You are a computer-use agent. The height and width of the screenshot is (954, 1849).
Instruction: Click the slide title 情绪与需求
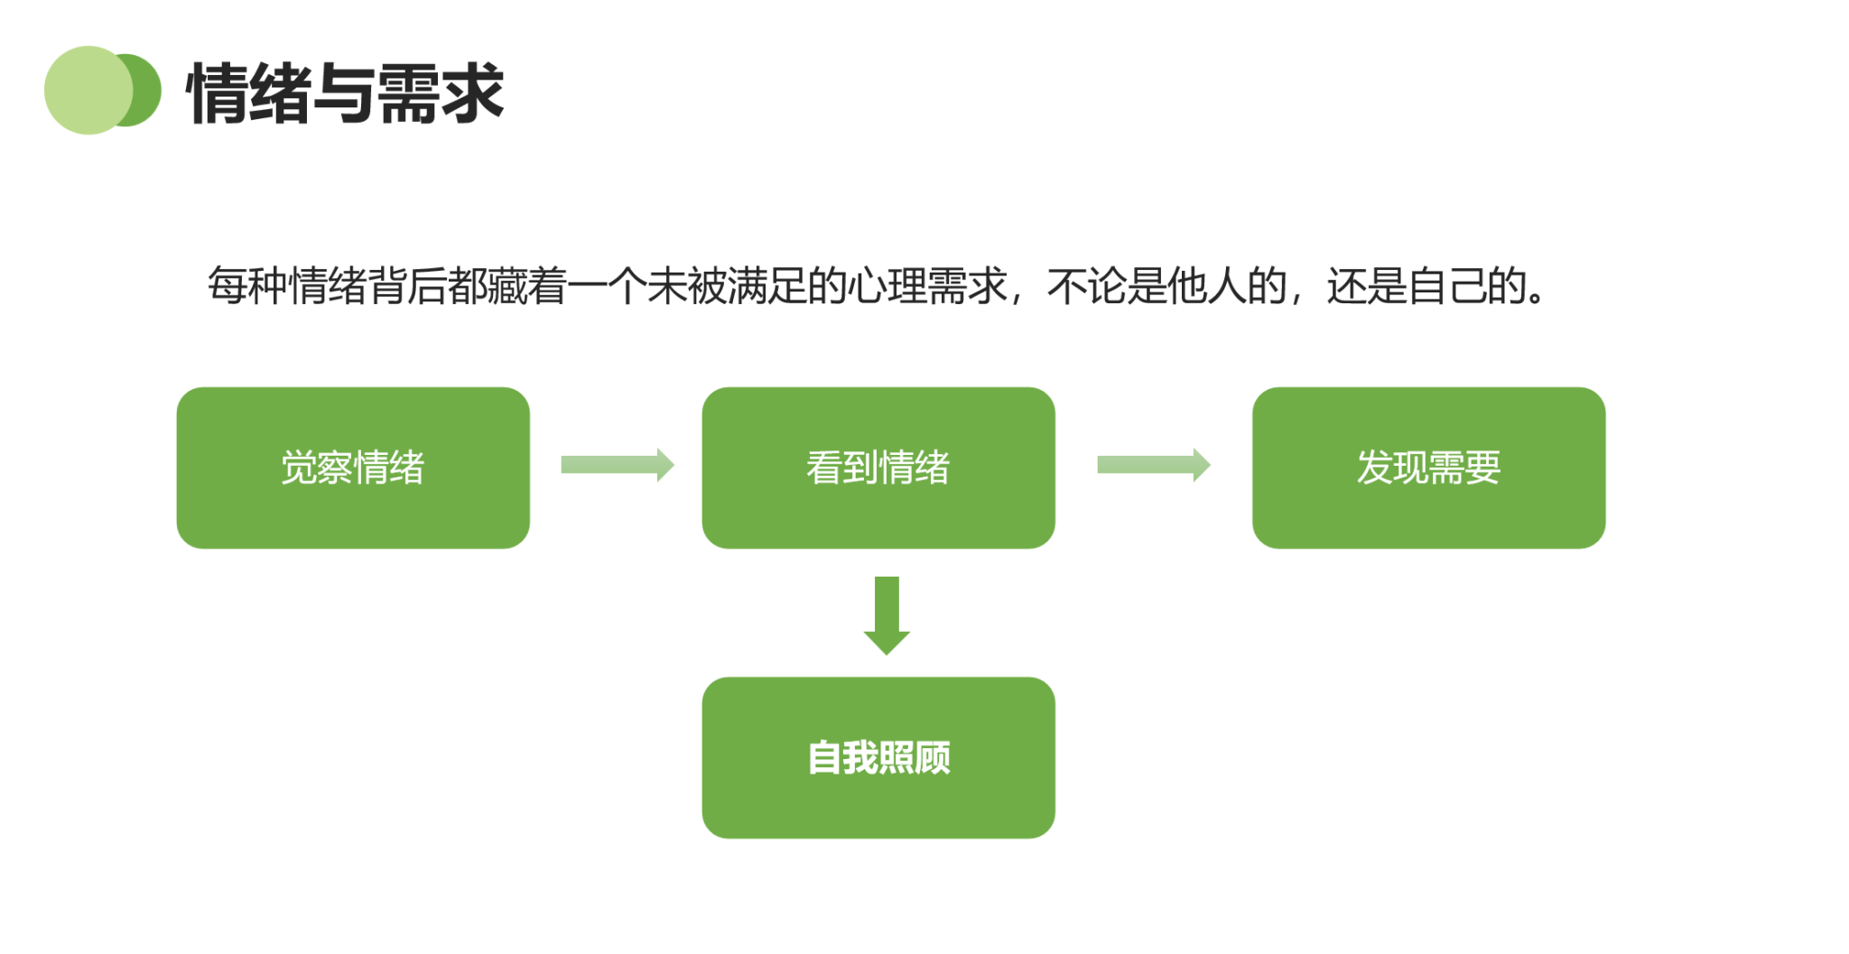point(344,93)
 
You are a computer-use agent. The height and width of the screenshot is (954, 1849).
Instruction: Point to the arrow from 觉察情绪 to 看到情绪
point(617,465)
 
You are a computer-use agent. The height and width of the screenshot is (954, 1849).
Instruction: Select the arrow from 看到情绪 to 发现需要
point(1153,465)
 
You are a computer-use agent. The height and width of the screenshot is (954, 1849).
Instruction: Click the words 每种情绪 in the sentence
point(287,286)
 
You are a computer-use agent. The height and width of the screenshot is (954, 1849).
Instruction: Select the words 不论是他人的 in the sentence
point(1166,286)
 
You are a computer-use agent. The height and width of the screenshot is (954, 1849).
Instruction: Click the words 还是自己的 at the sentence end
point(1426,286)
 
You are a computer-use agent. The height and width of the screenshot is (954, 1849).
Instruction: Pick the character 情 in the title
point(218,93)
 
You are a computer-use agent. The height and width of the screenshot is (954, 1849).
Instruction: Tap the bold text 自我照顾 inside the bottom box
point(878,758)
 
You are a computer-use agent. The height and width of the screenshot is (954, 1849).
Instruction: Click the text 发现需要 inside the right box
point(1428,468)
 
